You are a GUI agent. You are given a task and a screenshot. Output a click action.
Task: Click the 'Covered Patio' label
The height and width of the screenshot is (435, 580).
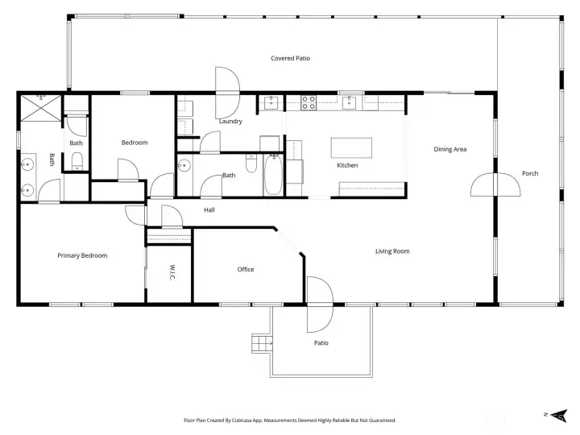point(290,58)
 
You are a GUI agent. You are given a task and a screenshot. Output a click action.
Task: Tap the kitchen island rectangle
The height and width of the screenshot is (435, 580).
point(352,147)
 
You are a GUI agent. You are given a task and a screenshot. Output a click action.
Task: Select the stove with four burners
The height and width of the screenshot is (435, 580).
point(308,102)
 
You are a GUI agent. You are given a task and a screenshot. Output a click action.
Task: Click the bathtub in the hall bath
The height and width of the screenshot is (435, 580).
point(273,174)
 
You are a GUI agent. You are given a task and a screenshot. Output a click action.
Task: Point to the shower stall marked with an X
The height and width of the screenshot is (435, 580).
point(39,107)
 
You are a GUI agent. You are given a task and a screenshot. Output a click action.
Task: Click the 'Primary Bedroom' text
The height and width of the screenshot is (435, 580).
point(82,255)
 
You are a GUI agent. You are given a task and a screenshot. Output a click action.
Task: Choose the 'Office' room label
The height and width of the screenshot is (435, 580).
point(246,269)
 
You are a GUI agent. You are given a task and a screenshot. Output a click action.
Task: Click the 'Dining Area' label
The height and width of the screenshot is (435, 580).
point(450,149)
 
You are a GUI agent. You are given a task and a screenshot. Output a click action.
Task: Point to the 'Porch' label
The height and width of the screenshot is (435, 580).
point(530,173)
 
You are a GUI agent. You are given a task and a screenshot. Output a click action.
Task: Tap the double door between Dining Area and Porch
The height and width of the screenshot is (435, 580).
point(495,184)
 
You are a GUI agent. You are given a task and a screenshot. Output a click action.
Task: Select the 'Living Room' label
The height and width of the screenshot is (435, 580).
point(392,251)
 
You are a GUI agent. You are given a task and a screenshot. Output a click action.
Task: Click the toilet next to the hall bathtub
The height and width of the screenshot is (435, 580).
point(251,168)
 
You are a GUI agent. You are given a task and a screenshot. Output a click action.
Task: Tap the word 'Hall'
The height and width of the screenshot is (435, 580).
point(209,210)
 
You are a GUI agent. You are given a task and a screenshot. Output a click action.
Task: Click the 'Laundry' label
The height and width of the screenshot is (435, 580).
point(230,122)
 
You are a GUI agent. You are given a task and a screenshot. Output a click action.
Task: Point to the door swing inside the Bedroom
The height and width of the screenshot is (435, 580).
point(127,169)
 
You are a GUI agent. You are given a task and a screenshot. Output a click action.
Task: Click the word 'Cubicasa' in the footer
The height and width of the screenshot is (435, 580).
point(242,420)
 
